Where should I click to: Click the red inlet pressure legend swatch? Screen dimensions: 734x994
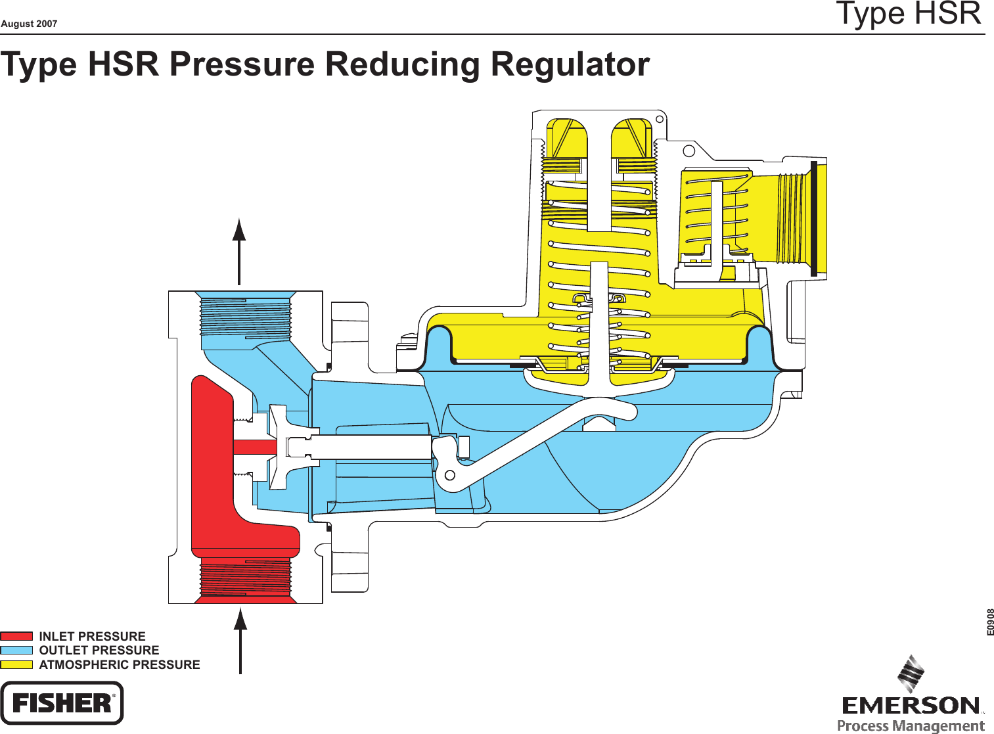tap(16, 636)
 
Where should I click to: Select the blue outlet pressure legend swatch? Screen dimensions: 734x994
tap(16, 650)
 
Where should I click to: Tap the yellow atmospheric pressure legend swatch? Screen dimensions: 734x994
tap(16, 664)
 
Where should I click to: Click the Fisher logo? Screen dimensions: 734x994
tap(62, 702)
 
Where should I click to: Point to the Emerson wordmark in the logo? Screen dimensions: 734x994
tap(911, 706)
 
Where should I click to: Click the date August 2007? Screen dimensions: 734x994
tap(29, 24)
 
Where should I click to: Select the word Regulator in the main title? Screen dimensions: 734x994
tap(570, 64)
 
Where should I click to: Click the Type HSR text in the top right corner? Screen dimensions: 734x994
tap(909, 14)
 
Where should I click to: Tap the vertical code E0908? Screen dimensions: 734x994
tap(990, 622)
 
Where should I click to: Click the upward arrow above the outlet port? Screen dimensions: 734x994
tap(239, 250)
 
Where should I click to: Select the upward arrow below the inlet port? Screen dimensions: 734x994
tap(240, 641)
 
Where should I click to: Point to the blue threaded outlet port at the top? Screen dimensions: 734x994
tap(245, 315)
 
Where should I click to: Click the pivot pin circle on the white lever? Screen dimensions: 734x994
tap(450, 474)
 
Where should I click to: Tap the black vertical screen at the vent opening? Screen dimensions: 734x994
tap(813, 218)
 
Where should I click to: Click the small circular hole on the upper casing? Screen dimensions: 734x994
tap(689, 151)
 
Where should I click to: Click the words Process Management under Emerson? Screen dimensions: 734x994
tap(911, 726)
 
